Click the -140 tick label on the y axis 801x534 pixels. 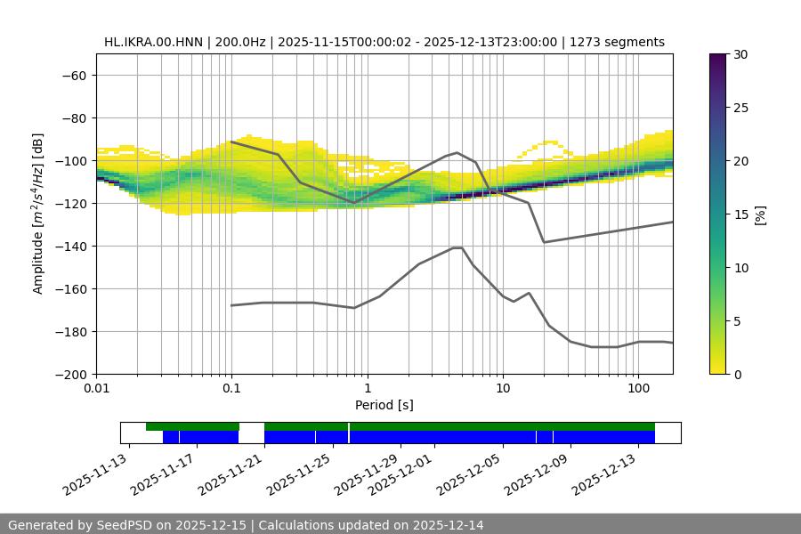point(71,246)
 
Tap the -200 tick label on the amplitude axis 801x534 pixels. point(71,374)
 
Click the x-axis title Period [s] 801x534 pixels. point(384,405)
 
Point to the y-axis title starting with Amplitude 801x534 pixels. point(38,214)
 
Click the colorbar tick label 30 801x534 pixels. point(740,54)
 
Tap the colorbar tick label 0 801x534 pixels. point(737,374)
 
